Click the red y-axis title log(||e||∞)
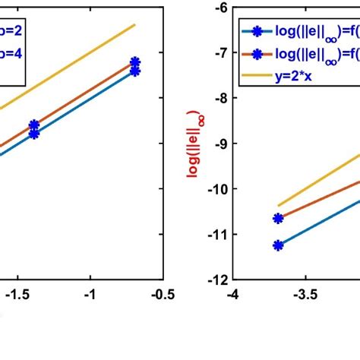[194, 144]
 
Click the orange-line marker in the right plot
[278, 218]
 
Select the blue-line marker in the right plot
[278, 245]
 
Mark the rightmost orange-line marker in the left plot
[135, 62]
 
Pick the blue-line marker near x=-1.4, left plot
[34, 134]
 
